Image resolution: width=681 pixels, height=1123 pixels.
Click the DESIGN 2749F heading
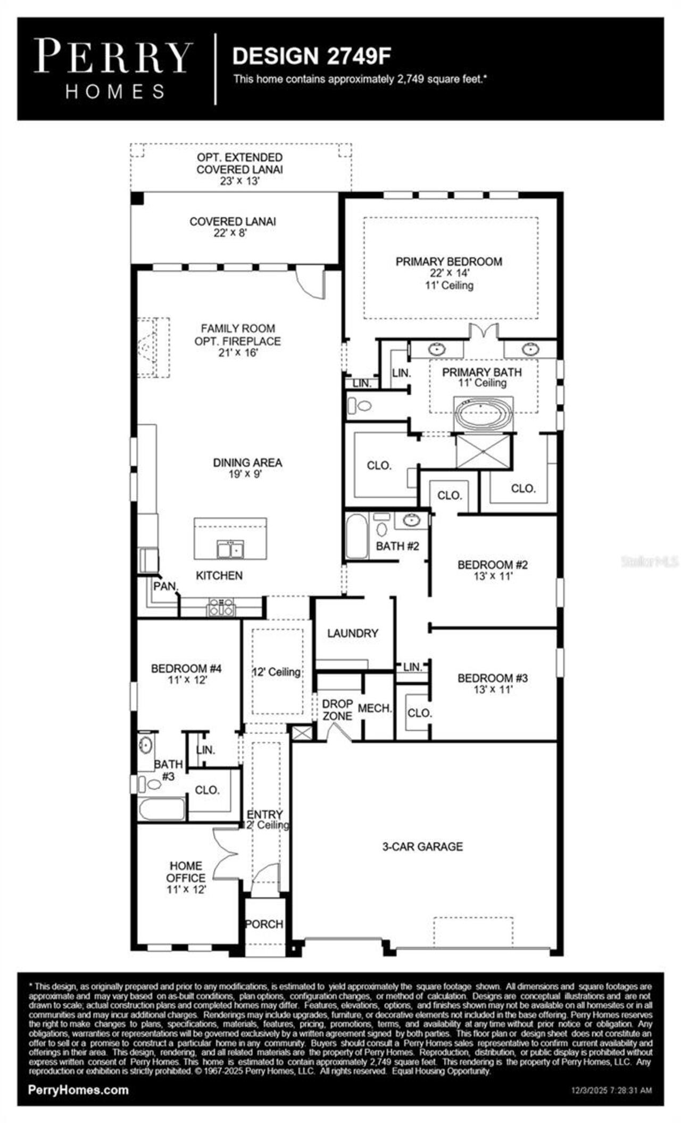(312, 56)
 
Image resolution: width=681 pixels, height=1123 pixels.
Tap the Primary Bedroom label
(449, 261)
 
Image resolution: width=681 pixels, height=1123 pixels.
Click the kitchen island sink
(230, 549)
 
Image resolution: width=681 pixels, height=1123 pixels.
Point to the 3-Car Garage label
(422, 846)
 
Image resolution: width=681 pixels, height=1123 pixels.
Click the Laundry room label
(352, 633)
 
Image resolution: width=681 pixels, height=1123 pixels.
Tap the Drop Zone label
(337, 710)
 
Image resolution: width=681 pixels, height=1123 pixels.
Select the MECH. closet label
(375, 708)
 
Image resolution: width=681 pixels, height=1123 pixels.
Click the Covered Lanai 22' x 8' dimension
(233, 233)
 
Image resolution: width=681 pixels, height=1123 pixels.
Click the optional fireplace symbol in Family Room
(153, 348)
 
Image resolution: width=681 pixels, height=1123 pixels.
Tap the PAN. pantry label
(165, 586)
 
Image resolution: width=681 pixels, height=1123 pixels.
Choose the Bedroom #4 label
(186, 668)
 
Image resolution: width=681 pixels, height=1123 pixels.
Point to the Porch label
(264, 924)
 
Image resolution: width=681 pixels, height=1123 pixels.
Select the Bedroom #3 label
(493, 678)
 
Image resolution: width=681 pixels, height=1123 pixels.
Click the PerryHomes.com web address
(78, 1089)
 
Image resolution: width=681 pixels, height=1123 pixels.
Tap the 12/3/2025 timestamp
(608, 1091)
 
